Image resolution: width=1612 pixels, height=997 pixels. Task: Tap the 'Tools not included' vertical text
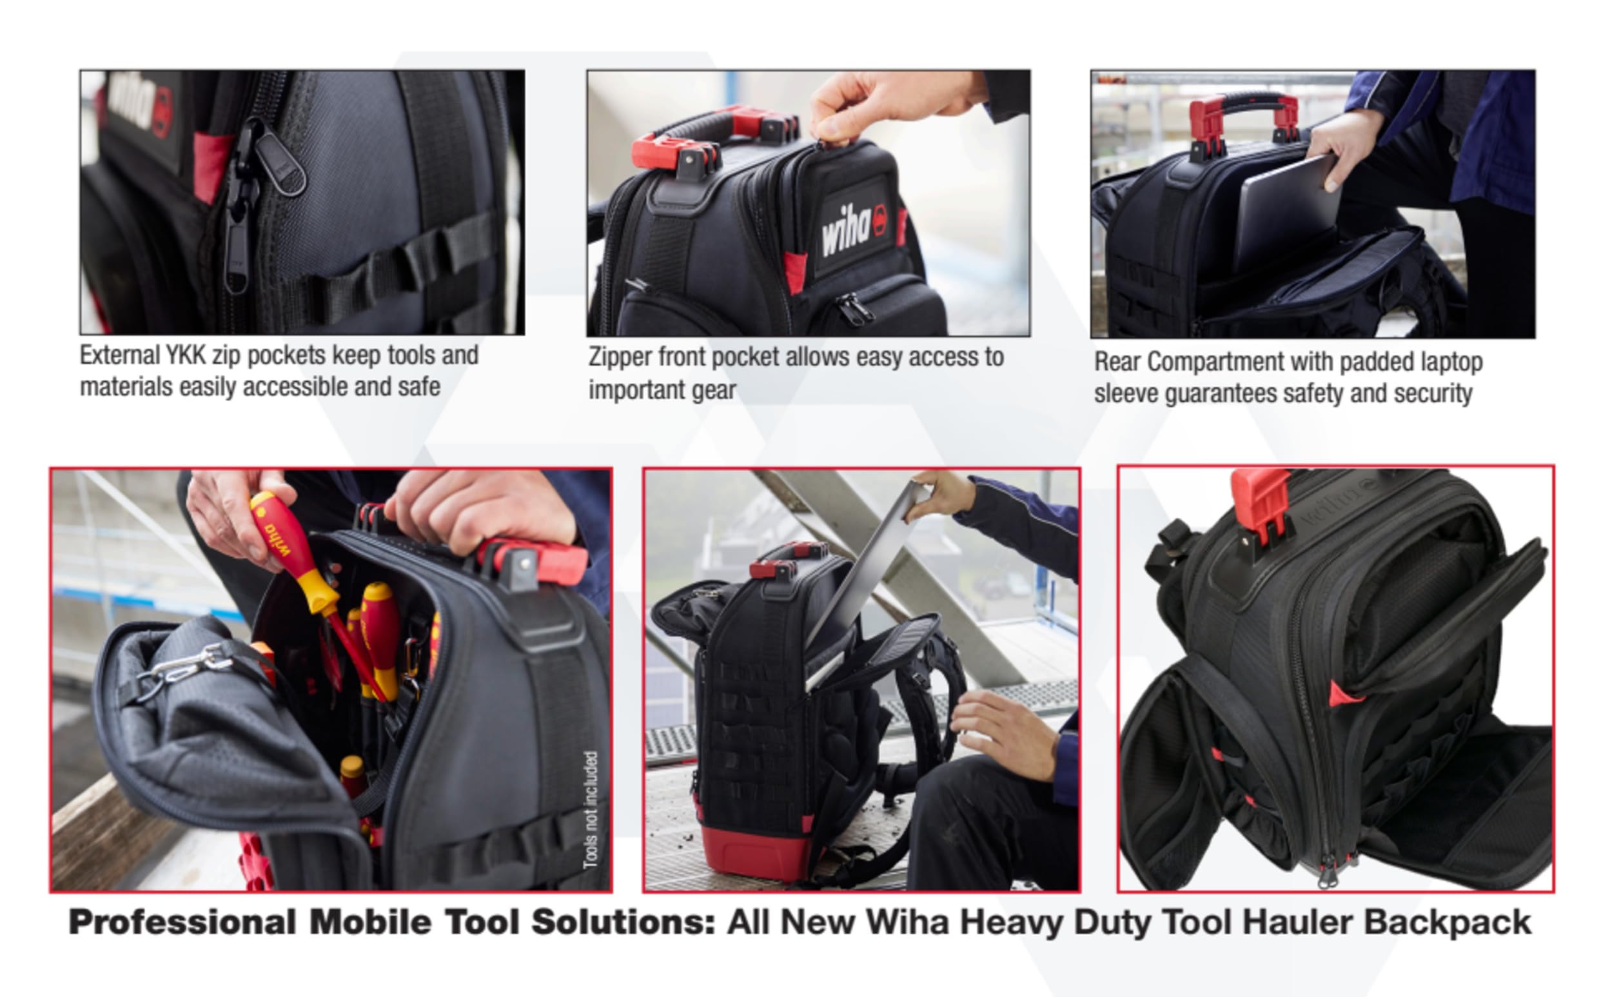click(590, 809)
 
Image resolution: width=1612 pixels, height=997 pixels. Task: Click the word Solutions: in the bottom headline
click(623, 922)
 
